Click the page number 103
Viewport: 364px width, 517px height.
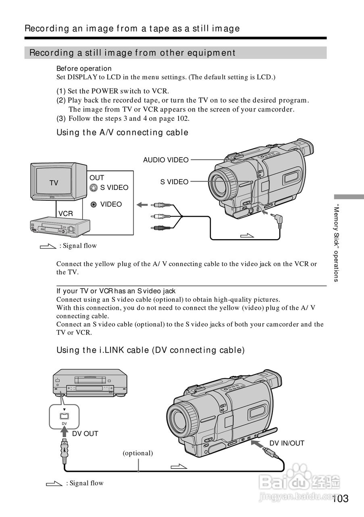(x=341, y=498)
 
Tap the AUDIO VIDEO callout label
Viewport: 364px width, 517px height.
(x=166, y=160)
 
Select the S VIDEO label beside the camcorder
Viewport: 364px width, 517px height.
(x=174, y=182)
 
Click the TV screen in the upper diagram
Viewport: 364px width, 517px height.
(x=54, y=182)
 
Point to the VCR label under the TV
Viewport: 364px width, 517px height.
(x=66, y=214)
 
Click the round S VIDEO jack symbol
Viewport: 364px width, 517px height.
(x=94, y=187)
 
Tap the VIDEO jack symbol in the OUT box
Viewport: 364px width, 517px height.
(x=94, y=204)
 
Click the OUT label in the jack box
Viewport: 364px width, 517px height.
(x=97, y=178)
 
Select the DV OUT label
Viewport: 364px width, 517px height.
(x=85, y=434)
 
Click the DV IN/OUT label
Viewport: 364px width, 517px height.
(x=287, y=443)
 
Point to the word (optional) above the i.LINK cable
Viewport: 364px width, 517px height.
(x=138, y=453)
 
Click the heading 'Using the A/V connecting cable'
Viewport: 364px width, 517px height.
(x=122, y=132)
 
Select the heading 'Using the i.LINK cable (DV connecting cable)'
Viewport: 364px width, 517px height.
(x=150, y=350)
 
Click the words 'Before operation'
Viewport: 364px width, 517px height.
(x=84, y=69)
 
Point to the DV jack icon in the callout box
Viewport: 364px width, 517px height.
(x=64, y=416)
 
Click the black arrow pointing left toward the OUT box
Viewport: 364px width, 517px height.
(x=142, y=205)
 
